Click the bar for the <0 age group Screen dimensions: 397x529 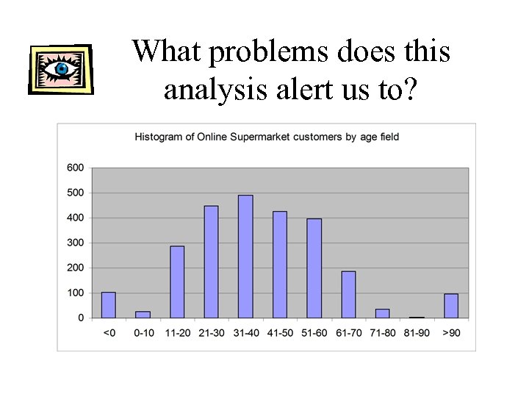tap(108, 305)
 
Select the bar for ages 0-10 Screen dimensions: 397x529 tap(143, 315)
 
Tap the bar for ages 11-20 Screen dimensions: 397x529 tap(177, 282)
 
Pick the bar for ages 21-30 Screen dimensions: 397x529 tap(211, 262)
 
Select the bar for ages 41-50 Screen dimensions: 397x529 tap(279, 265)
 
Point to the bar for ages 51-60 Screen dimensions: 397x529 tap(314, 268)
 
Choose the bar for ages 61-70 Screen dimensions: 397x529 tap(348, 294)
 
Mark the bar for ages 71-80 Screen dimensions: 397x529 tap(382, 313)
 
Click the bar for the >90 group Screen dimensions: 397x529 tap(450, 306)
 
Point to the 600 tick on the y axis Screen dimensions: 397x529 tap(75, 168)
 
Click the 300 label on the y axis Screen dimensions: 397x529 tap(75, 243)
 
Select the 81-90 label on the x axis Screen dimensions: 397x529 tap(416, 333)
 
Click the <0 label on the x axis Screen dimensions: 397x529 tap(108, 333)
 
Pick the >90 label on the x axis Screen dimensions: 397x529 tap(450, 333)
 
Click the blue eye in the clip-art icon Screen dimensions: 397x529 tap(62, 69)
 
